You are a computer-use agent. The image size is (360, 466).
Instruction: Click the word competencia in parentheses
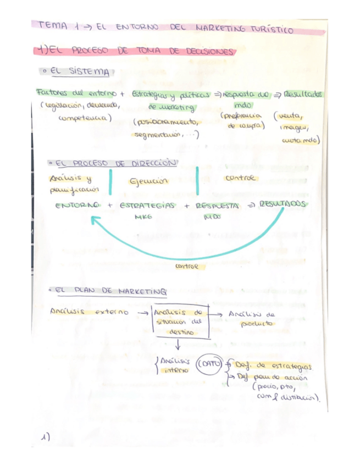point(84,118)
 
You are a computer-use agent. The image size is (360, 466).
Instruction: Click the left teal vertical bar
point(110,182)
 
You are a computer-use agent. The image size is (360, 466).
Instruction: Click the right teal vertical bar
point(197,180)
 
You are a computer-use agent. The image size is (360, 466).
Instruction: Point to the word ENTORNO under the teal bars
point(77,205)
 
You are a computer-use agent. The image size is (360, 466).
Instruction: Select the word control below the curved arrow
point(186,267)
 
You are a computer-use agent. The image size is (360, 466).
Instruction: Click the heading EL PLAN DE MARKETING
point(112,291)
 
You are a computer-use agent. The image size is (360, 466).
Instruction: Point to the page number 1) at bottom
point(46,437)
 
